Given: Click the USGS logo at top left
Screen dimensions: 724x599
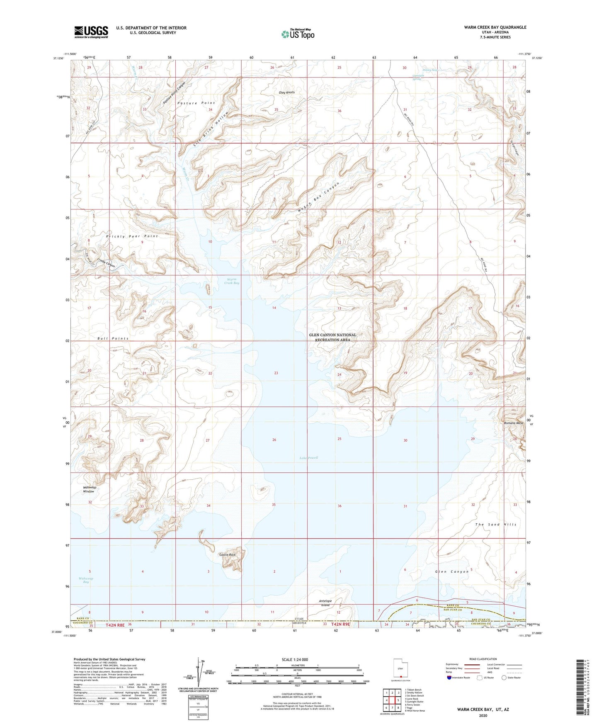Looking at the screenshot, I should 91,32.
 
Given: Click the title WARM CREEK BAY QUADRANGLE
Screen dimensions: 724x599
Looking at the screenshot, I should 495,27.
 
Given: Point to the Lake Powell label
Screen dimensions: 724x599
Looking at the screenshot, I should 308,458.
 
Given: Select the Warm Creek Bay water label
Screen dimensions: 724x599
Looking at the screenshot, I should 232,281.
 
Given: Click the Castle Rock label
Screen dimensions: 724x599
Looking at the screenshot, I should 227,554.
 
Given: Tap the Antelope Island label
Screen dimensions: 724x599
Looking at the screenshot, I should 325,603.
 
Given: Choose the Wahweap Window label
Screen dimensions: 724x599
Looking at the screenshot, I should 88,489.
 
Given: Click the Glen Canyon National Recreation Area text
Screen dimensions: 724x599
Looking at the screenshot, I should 332,337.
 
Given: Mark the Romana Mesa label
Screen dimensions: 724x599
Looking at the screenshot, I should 514,423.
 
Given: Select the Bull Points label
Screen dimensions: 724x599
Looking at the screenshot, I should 113,338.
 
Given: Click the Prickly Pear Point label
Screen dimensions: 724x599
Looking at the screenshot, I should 132,236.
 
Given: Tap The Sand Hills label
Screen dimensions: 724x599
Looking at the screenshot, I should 496,525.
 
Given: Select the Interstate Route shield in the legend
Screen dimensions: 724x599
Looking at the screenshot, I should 449,678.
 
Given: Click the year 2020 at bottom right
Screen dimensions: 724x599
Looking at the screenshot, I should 483,715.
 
